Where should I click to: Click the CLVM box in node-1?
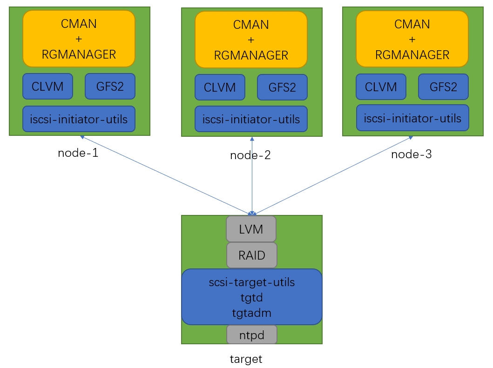[47, 86]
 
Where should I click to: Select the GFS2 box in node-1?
[110, 86]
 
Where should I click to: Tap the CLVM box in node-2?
[220, 87]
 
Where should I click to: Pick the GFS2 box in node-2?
[282, 87]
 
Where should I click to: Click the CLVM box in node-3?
[381, 87]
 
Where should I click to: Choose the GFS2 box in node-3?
[443, 87]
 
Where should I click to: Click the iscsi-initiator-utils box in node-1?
[79, 119]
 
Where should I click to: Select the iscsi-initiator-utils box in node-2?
[251, 120]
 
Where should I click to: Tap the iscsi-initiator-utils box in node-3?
[412, 118]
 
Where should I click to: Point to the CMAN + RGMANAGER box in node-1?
[79, 39]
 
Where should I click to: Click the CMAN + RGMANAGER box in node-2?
[251, 40]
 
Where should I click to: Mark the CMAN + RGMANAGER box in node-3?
[412, 39]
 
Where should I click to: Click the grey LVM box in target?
[251, 229]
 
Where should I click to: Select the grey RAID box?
[252, 255]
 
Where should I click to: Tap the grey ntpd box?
[252, 335]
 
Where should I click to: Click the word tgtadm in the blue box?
[252, 313]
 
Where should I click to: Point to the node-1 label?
[78, 153]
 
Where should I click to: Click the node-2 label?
[250, 155]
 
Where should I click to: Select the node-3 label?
[412, 154]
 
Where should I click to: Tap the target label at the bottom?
[246, 359]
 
